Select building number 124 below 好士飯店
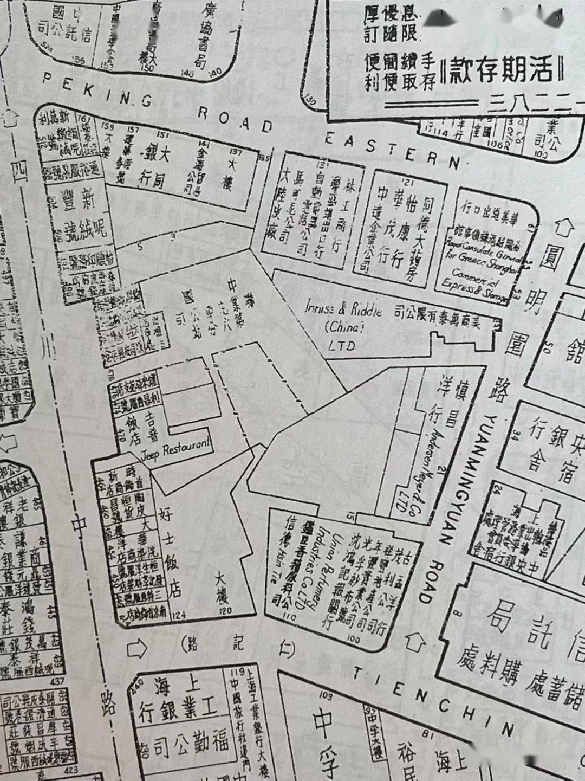[178, 615]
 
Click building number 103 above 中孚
[326, 695]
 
